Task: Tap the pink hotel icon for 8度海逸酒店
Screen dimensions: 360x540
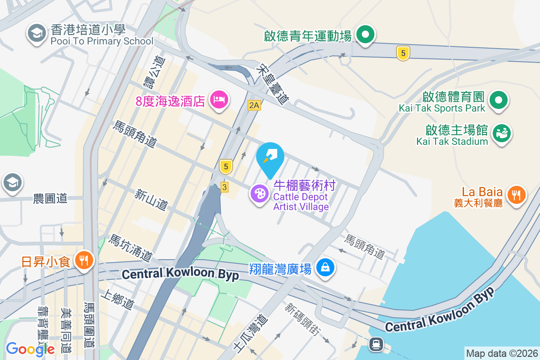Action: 219,98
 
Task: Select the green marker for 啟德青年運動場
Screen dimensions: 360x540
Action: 365,34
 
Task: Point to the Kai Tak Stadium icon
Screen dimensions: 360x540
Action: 502,133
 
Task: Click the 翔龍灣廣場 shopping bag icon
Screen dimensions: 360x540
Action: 325,267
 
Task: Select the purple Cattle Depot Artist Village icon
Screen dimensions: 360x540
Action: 260,194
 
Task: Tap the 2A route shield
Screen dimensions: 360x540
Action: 254,105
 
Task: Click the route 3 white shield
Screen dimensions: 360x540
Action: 224,187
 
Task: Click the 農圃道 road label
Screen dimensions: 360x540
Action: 50,198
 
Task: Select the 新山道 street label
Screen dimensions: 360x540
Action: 151,200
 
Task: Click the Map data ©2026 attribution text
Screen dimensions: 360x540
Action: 501,354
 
